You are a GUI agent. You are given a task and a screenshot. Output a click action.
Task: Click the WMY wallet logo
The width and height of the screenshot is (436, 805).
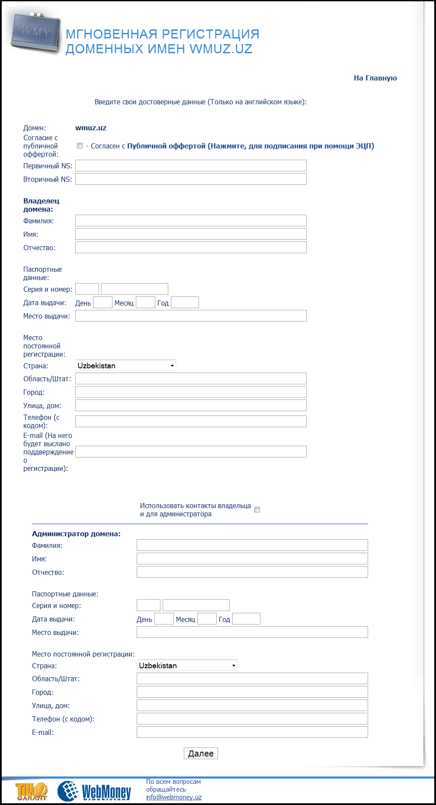click(x=35, y=32)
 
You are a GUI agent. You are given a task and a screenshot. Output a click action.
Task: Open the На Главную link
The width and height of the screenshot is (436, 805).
click(x=375, y=78)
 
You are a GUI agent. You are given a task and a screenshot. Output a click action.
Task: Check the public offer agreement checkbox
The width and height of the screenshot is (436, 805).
click(x=80, y=146)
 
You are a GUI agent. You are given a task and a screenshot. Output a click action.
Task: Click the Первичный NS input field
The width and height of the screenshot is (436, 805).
click(x=191, y=166)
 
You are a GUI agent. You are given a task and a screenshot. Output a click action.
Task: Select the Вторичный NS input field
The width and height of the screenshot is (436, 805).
click(x=191, y=179)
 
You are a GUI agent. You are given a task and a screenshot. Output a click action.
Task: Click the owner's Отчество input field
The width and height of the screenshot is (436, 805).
click(x=191, y=248)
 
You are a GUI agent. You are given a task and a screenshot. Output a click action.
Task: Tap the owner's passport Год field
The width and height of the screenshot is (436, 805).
click(x=185, y=303)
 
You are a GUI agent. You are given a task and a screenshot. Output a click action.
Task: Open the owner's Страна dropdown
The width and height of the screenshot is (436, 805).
click(x=125, y=366)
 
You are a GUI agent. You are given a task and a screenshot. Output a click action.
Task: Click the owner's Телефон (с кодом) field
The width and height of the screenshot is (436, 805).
click(x=191, y=421)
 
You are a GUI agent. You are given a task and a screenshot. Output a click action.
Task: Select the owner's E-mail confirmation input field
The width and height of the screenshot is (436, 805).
click(x=191, y=452)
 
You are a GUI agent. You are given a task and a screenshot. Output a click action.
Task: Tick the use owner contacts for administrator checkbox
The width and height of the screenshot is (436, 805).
click(x=257, y=510)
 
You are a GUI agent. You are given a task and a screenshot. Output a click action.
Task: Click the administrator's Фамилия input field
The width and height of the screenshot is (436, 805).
click(x=252, y=545)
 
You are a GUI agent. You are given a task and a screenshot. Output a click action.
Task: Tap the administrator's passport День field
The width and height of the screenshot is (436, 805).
click(x=164, y=619)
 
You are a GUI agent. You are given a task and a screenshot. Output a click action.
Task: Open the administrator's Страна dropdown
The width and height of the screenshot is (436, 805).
click(x=187, y=666)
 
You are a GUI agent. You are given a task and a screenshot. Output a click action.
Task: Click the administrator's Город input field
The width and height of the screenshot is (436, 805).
click(x=252, y=692)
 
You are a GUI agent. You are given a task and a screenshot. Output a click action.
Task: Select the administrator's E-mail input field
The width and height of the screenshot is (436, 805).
click(x=252, y=732)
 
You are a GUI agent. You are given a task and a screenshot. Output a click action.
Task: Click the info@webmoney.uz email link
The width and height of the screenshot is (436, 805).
click(x=174, y=797)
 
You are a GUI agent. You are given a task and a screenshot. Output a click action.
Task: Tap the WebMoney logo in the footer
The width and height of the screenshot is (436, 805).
click(x=95, y=791)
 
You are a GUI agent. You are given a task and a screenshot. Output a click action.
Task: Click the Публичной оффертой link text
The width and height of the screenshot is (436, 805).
click(x=166, y=146)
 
